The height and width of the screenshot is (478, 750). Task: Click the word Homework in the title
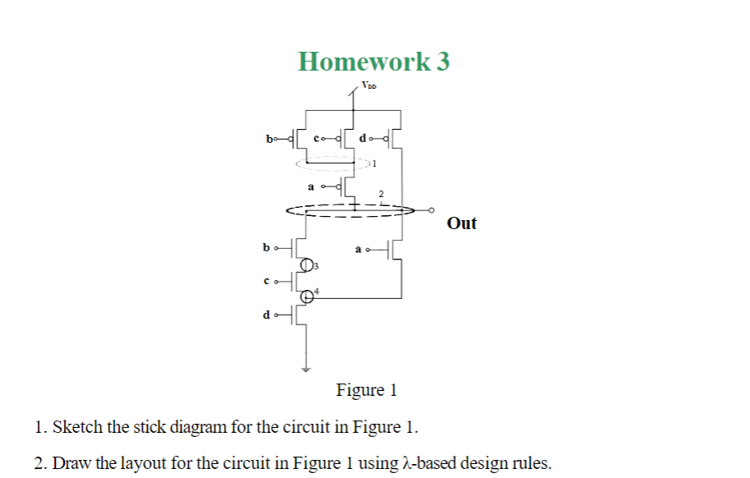363,61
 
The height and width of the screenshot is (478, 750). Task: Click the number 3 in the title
443,61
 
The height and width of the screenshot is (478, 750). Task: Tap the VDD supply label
369,85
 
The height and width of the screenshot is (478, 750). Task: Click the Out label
462,223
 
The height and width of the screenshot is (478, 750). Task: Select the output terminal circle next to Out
431,210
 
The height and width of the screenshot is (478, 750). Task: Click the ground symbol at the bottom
307,370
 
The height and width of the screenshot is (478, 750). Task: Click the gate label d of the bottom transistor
265,315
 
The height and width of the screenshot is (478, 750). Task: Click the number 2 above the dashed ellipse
380,195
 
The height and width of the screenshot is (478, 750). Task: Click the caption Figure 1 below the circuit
366,390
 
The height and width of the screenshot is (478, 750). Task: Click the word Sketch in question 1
76,428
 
